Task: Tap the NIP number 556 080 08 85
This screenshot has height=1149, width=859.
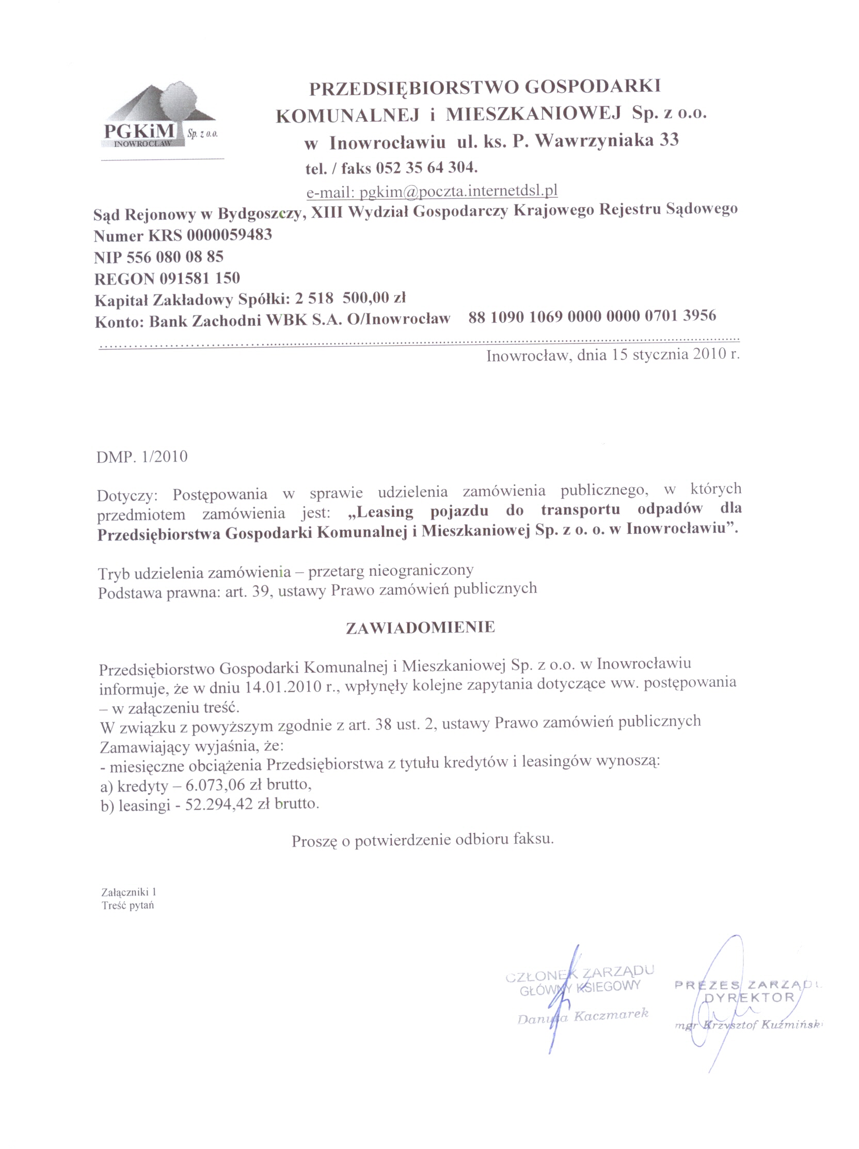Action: click(x=175, y=257)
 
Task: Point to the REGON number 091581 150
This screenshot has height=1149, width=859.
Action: click(x=199, y=278)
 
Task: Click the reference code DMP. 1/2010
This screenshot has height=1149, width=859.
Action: click(x=142, y=457)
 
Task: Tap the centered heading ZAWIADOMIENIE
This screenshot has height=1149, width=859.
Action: click(x=420, y=627)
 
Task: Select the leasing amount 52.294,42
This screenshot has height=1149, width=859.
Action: click(x=214, y=805)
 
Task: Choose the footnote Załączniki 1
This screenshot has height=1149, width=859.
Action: click(x=129, y=892)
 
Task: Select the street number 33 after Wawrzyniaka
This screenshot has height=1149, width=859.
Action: click(x=669, y=140)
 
